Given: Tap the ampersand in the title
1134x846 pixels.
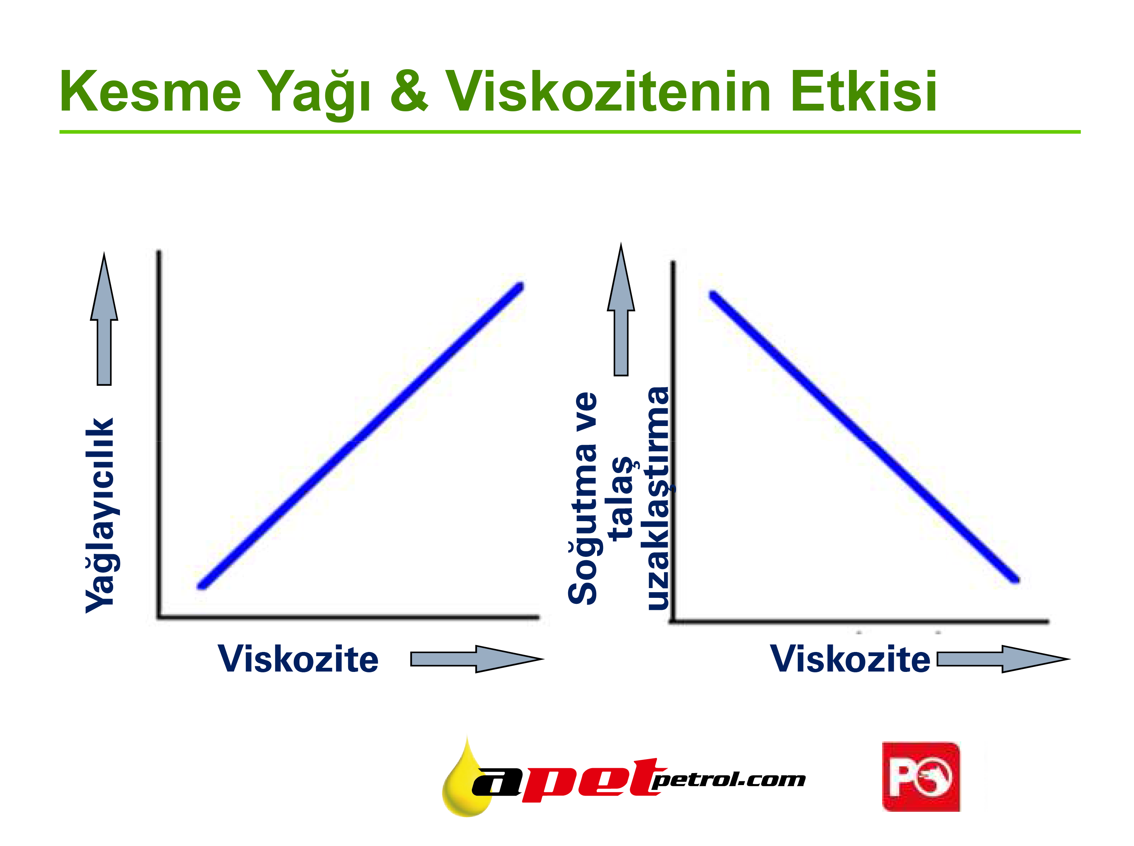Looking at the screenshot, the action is point(409,91).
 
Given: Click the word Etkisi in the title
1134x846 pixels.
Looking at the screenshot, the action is point(864,91).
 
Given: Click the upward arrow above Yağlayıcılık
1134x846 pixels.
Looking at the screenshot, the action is point(104,318).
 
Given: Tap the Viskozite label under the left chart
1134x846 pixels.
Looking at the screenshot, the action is point(298,659).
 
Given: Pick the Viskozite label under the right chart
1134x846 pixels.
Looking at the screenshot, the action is point(850,659).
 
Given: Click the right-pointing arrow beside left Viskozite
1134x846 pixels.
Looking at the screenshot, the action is point(477,659).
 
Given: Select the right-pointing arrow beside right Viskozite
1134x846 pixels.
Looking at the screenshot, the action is point(1003,659).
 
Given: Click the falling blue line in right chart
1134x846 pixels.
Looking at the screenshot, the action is point(864,437).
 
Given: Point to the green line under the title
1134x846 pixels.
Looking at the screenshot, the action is point(570,132).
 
